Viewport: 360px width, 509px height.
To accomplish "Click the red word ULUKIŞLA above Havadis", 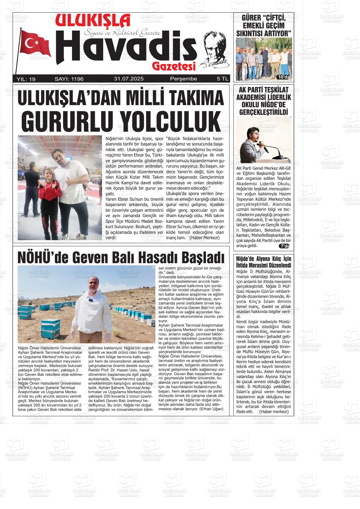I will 93,21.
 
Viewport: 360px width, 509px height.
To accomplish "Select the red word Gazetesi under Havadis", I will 174,66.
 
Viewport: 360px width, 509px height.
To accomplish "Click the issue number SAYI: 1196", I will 69,79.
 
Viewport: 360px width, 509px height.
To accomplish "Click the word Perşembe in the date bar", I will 183,79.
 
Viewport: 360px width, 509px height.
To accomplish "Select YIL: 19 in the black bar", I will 26,79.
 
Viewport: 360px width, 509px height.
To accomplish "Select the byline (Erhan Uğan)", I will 211,409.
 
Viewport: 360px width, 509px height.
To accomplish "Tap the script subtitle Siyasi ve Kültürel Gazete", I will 122,33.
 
